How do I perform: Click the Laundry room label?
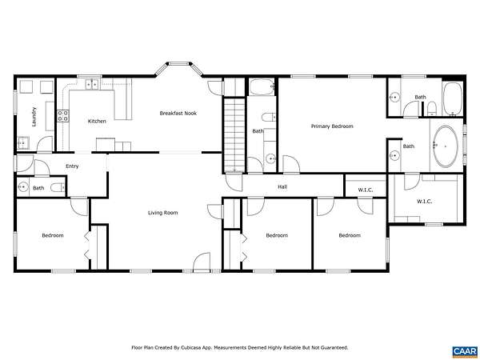coord(34,117)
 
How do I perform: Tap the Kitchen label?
coord(97,122)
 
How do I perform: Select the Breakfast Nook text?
coord(178,114)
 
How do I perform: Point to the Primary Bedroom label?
coord(332,126)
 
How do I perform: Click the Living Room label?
coord(163,213)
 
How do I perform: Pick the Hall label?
coord(282,186)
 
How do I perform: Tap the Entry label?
coord(72,166)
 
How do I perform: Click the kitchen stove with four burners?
coord(63,115)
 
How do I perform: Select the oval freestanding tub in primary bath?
coord(446,146)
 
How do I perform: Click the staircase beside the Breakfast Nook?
coord(234,134)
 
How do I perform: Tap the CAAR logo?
coord(465,351)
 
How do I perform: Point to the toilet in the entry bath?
coord(58,187)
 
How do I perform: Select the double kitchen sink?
coord(92,84)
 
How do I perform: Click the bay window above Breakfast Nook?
coord(178,68)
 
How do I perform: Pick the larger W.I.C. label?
coord(424,202)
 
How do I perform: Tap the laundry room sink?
coord(23,142)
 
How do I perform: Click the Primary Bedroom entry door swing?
coord(291,164)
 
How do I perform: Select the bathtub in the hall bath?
coord(262,87)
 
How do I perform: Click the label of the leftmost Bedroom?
coord(53,235)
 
